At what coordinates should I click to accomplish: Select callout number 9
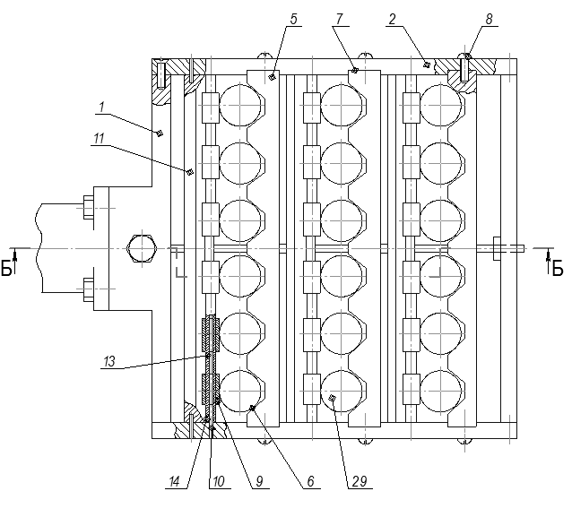point(257,481)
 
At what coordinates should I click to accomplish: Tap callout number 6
point(308,481)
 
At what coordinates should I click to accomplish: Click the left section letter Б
point(8,268)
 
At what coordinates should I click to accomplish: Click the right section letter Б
point(557,268)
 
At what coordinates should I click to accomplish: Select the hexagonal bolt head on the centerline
point(143,246)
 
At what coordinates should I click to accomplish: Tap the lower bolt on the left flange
point(89,289)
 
